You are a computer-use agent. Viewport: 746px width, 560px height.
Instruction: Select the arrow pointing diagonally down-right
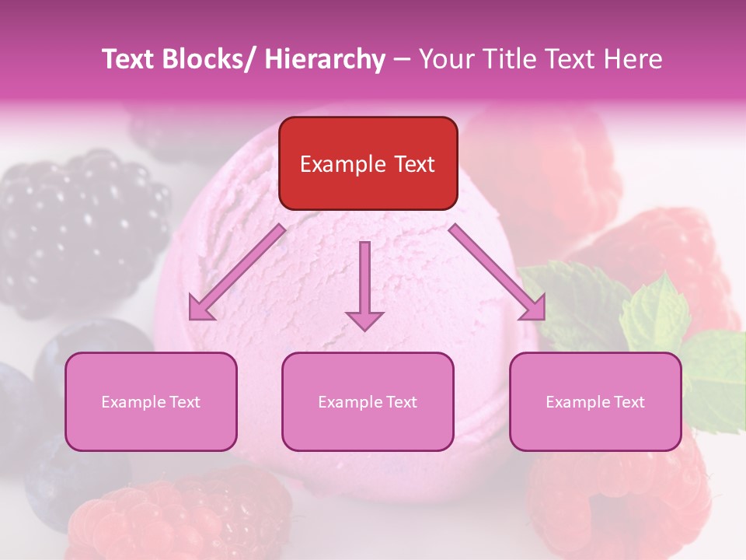tap(497, 272)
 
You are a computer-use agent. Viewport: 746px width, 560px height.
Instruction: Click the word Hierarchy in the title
tap(324, 60)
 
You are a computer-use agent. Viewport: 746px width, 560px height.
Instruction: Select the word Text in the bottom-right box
tap(629, 402)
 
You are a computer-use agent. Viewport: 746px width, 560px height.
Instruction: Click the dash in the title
tap(401, 60)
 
